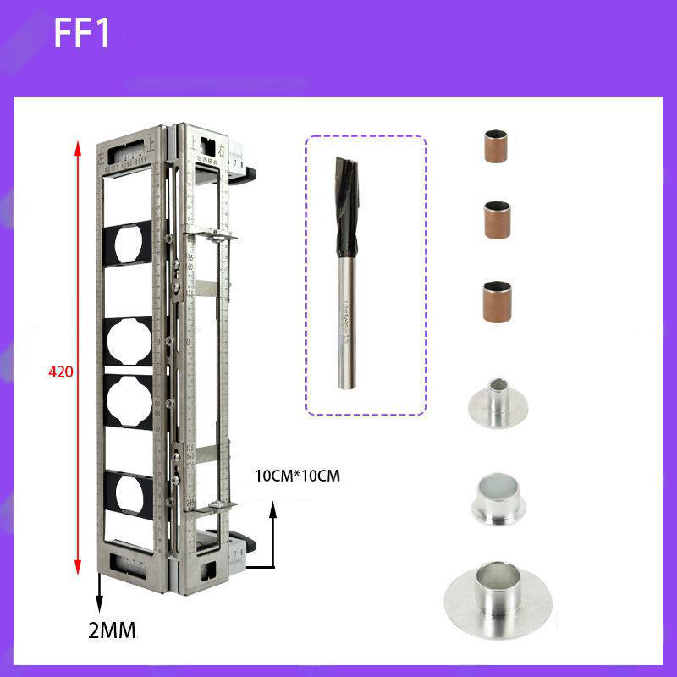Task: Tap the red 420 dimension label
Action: [x=61, y=372]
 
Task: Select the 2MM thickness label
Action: [x=112, y=630]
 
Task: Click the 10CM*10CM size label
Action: [x=297, y=476]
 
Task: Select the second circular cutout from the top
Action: [x=129, y=343]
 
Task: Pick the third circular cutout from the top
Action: [x=129, y=398]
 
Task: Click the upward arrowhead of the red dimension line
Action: [x=79, y=150]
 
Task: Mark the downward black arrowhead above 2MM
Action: [x=99, y=606]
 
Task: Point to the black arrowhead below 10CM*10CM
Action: [x=272, y=509]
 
